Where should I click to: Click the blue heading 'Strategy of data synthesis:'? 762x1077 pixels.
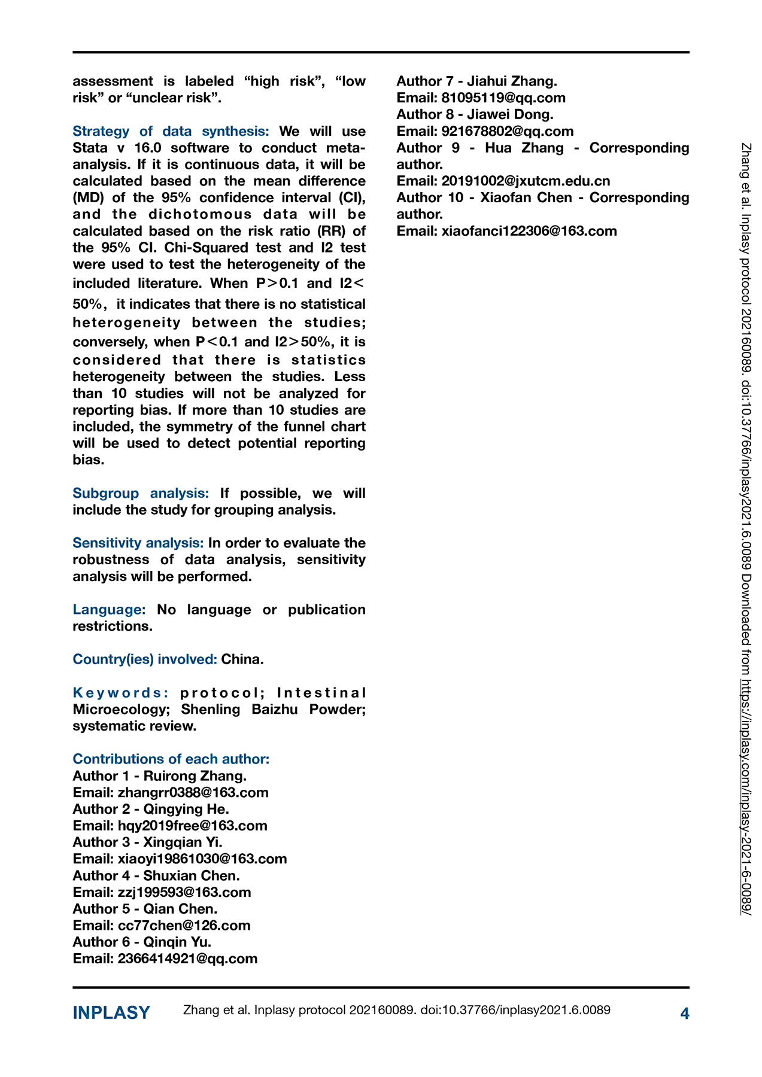[x=171, y=131]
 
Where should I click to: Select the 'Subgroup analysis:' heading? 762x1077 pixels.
[x=141, y=493]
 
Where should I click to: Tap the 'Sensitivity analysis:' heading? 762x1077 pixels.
[x=138, y=543]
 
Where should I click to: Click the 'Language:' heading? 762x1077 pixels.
[x=109, y=609]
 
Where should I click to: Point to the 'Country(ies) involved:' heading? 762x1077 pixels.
[x=145, y=659]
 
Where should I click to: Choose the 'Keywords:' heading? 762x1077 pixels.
[x=121, y=692]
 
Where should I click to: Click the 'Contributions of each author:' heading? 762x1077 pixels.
[x=171, y=759]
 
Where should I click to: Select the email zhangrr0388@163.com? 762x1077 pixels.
[x=193, y=792]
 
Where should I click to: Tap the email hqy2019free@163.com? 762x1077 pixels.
[x=192, y=826]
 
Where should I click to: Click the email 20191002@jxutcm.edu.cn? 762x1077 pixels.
[x=526, y=181]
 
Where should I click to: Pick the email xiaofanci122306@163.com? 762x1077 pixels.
[x=529, y=231]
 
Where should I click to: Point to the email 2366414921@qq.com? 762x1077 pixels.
[x=187, y=959]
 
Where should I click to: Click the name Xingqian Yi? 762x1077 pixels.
[x=183, y=842]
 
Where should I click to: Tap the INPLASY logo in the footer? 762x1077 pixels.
[x=111, y=1012]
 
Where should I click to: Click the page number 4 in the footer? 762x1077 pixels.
[x=685, y=1013]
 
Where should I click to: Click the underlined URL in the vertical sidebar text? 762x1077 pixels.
[x=746, y=796]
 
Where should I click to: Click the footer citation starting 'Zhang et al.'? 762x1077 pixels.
[x=396, y=1010]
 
